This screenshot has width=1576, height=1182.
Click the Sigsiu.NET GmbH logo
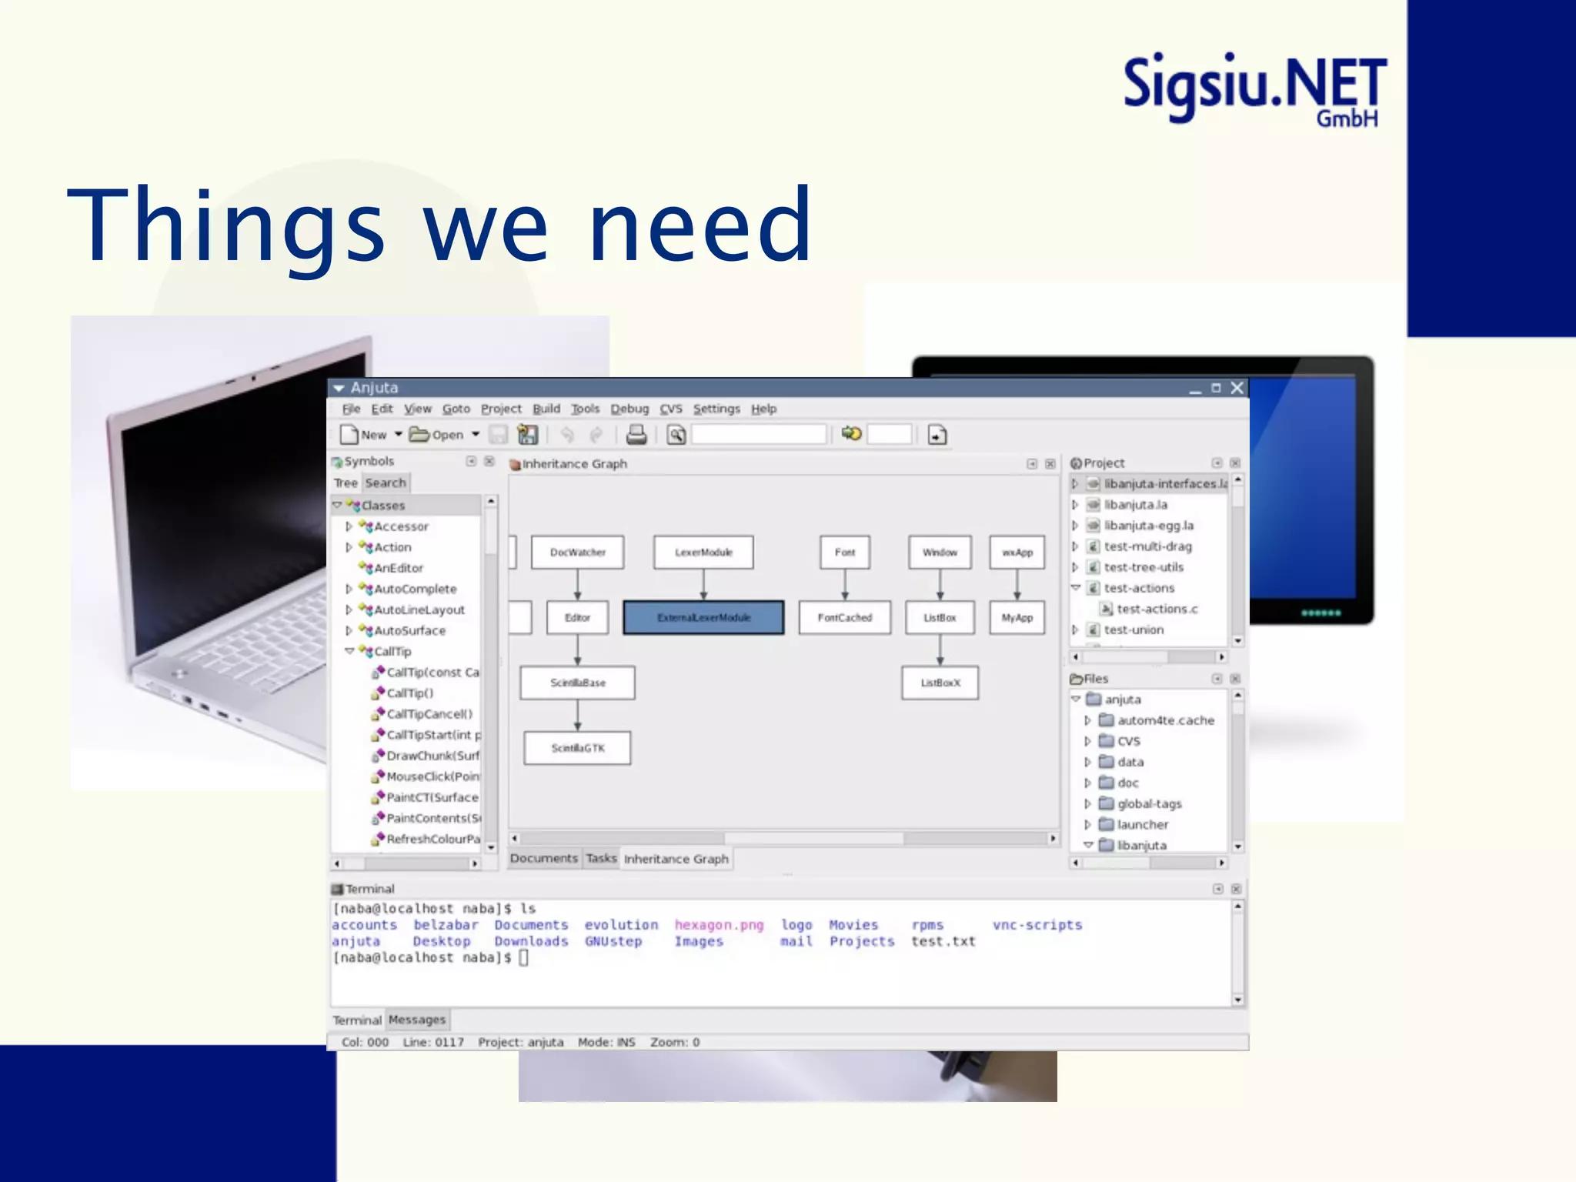[x=1254, y=88]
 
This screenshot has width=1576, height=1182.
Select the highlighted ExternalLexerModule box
[x=703, y=618]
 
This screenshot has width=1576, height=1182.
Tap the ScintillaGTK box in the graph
[x=577, y=748]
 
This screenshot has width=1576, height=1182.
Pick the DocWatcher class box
[x=577, y=553]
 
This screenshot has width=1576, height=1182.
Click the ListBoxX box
[x=940, y=683]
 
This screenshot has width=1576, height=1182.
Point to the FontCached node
[x=844, y=618]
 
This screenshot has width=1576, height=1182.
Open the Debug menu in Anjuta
[x=629, y=409]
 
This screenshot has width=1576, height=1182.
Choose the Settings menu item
[x=716, y=409]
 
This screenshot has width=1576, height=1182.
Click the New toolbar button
[x=364, y=435]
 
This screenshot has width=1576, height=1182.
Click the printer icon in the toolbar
[x=636, y=435]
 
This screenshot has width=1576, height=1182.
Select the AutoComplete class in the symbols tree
[x=415, y=589]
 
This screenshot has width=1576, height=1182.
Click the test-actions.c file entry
[x=1157, y=609]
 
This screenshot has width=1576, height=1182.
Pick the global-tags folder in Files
[x=1149, y=803]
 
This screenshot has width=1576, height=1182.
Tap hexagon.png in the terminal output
[x=719, y=925]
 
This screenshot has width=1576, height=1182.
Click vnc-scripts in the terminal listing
[x=1037, y=925]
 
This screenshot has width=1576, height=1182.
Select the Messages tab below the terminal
[x=416, y=1020]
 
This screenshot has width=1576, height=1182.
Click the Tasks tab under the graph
[x=601, y=858]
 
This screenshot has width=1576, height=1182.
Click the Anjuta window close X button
[x=1237, y=388]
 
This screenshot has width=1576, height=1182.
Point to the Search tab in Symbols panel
[x=386, y=483]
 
